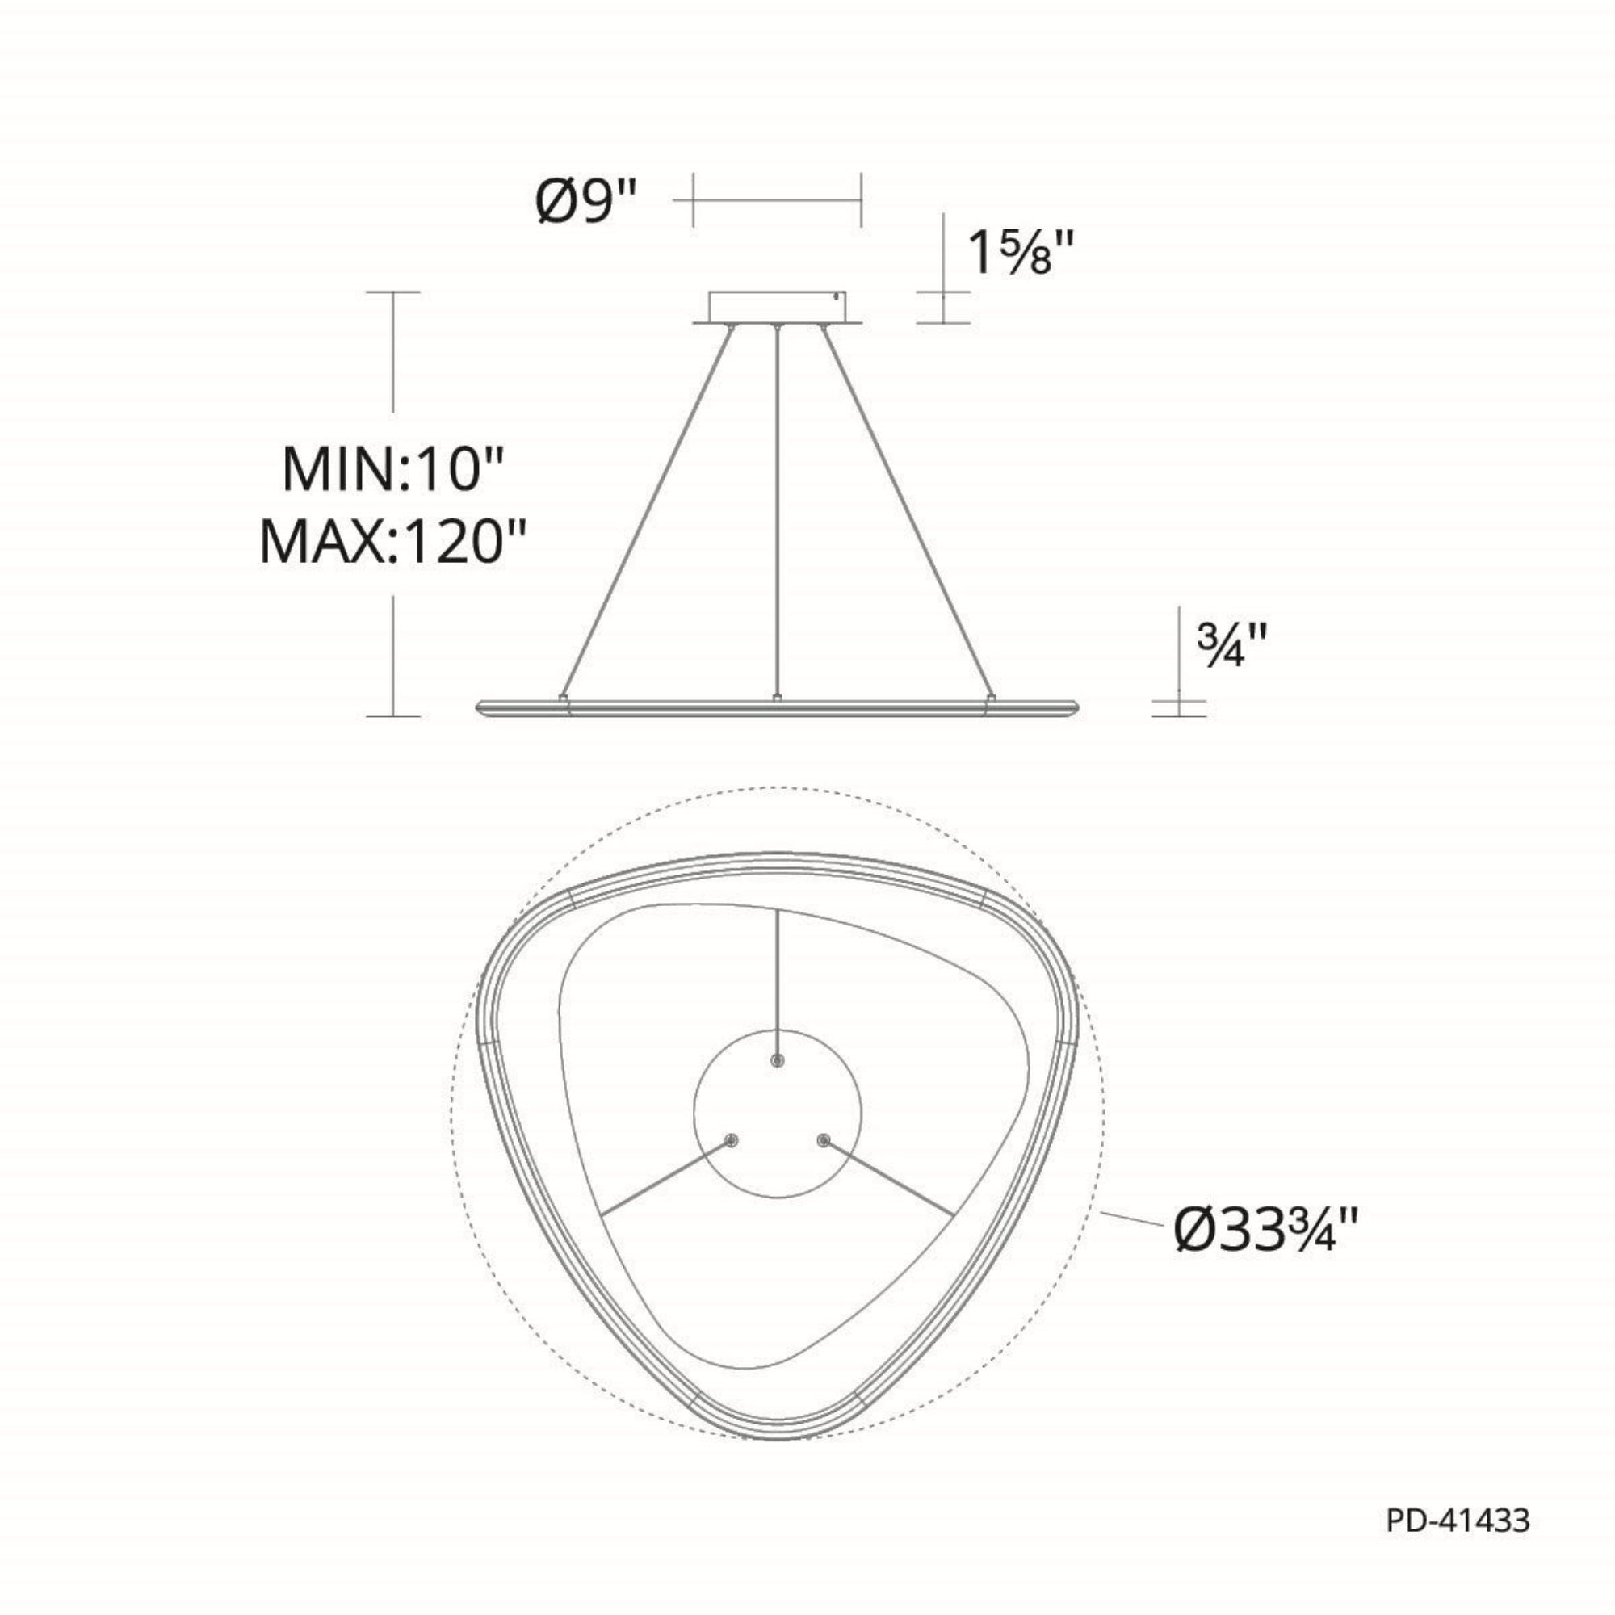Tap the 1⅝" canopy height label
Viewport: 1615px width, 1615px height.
click(1019, 253)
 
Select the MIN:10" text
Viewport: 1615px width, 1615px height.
click(395, 470)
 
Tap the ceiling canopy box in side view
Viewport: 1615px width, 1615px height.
click(777, 306)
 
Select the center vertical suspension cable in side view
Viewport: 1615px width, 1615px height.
click(778, 510)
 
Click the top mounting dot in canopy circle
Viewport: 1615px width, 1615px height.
click(778, 1060)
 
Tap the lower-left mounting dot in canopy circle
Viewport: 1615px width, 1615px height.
click(732, 1140)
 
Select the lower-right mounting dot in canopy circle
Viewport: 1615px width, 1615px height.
click(825, 1140)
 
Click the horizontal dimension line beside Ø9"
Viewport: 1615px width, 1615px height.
click(777, 200)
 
